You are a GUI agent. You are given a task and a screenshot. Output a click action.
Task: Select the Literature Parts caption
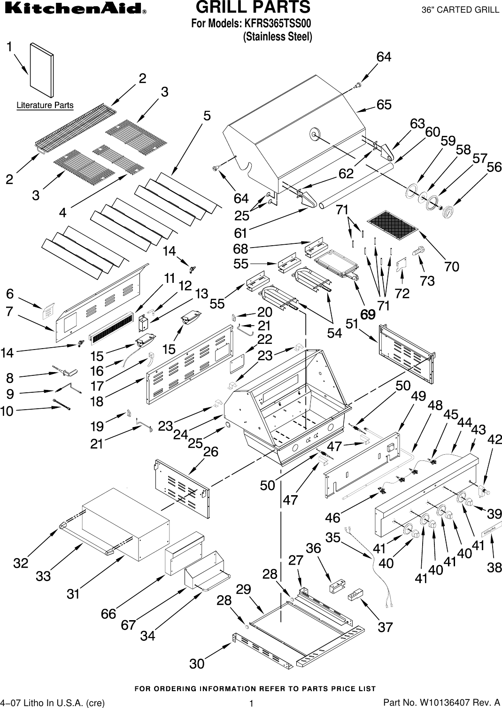coord(45,105)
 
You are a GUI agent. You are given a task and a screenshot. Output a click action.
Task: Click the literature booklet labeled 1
coord(41,70)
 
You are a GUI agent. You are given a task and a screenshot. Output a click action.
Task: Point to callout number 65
coord(384,105)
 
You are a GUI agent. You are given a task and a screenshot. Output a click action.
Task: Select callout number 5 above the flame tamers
coord(207,116)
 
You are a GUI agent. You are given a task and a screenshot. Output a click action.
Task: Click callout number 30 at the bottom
coord(197,663)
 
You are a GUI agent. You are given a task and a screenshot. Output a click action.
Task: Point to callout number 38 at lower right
coord(494,567)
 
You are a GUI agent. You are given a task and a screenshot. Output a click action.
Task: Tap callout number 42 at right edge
coord(494,439)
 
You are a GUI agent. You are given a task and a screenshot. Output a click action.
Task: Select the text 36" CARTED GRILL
coord(460,10)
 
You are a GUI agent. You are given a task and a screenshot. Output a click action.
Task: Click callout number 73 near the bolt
coord(427,280)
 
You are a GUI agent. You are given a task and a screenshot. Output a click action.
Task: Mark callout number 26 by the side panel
coord(211,451)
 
